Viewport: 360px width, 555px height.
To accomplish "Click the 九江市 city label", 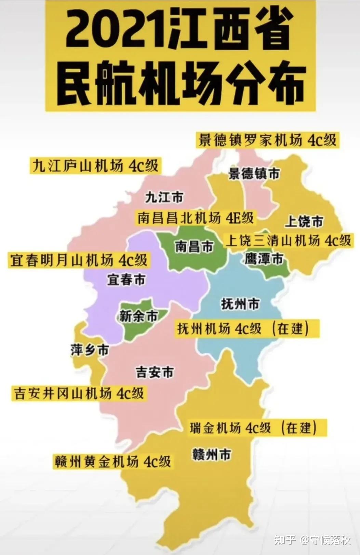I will click(164, 197).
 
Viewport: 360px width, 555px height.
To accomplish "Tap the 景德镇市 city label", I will click(254, 174).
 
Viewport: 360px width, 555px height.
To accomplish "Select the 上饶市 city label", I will click(304, 221).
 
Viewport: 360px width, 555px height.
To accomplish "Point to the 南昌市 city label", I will click(194, 246).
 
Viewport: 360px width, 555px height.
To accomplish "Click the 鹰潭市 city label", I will click(264, 259).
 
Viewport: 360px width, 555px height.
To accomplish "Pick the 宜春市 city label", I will click(126, 279).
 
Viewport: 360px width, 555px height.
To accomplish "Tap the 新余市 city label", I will click(138, 316).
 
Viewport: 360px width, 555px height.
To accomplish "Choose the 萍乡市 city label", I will click(90, 350).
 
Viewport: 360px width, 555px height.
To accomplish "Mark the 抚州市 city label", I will click(240, 303).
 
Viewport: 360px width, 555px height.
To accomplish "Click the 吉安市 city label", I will click(155, 372).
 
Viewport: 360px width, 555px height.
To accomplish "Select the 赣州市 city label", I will click(212, 455).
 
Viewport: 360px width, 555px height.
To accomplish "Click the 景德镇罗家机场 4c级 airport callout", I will click(268, 140).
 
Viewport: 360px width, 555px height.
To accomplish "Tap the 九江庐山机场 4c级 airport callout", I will click(95, 166).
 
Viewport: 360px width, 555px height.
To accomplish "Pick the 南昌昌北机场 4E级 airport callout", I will click(196, 218).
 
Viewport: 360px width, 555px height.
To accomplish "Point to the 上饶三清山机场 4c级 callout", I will click(288, 241).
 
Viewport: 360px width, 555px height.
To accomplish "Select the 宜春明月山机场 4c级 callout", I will click(79, 260).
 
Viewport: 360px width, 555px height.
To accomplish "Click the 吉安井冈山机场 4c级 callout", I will click(79, 393).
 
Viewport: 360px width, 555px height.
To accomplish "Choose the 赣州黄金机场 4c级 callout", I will click(112, 462).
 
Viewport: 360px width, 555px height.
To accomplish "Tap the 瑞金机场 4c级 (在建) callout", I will click(253, 428).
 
